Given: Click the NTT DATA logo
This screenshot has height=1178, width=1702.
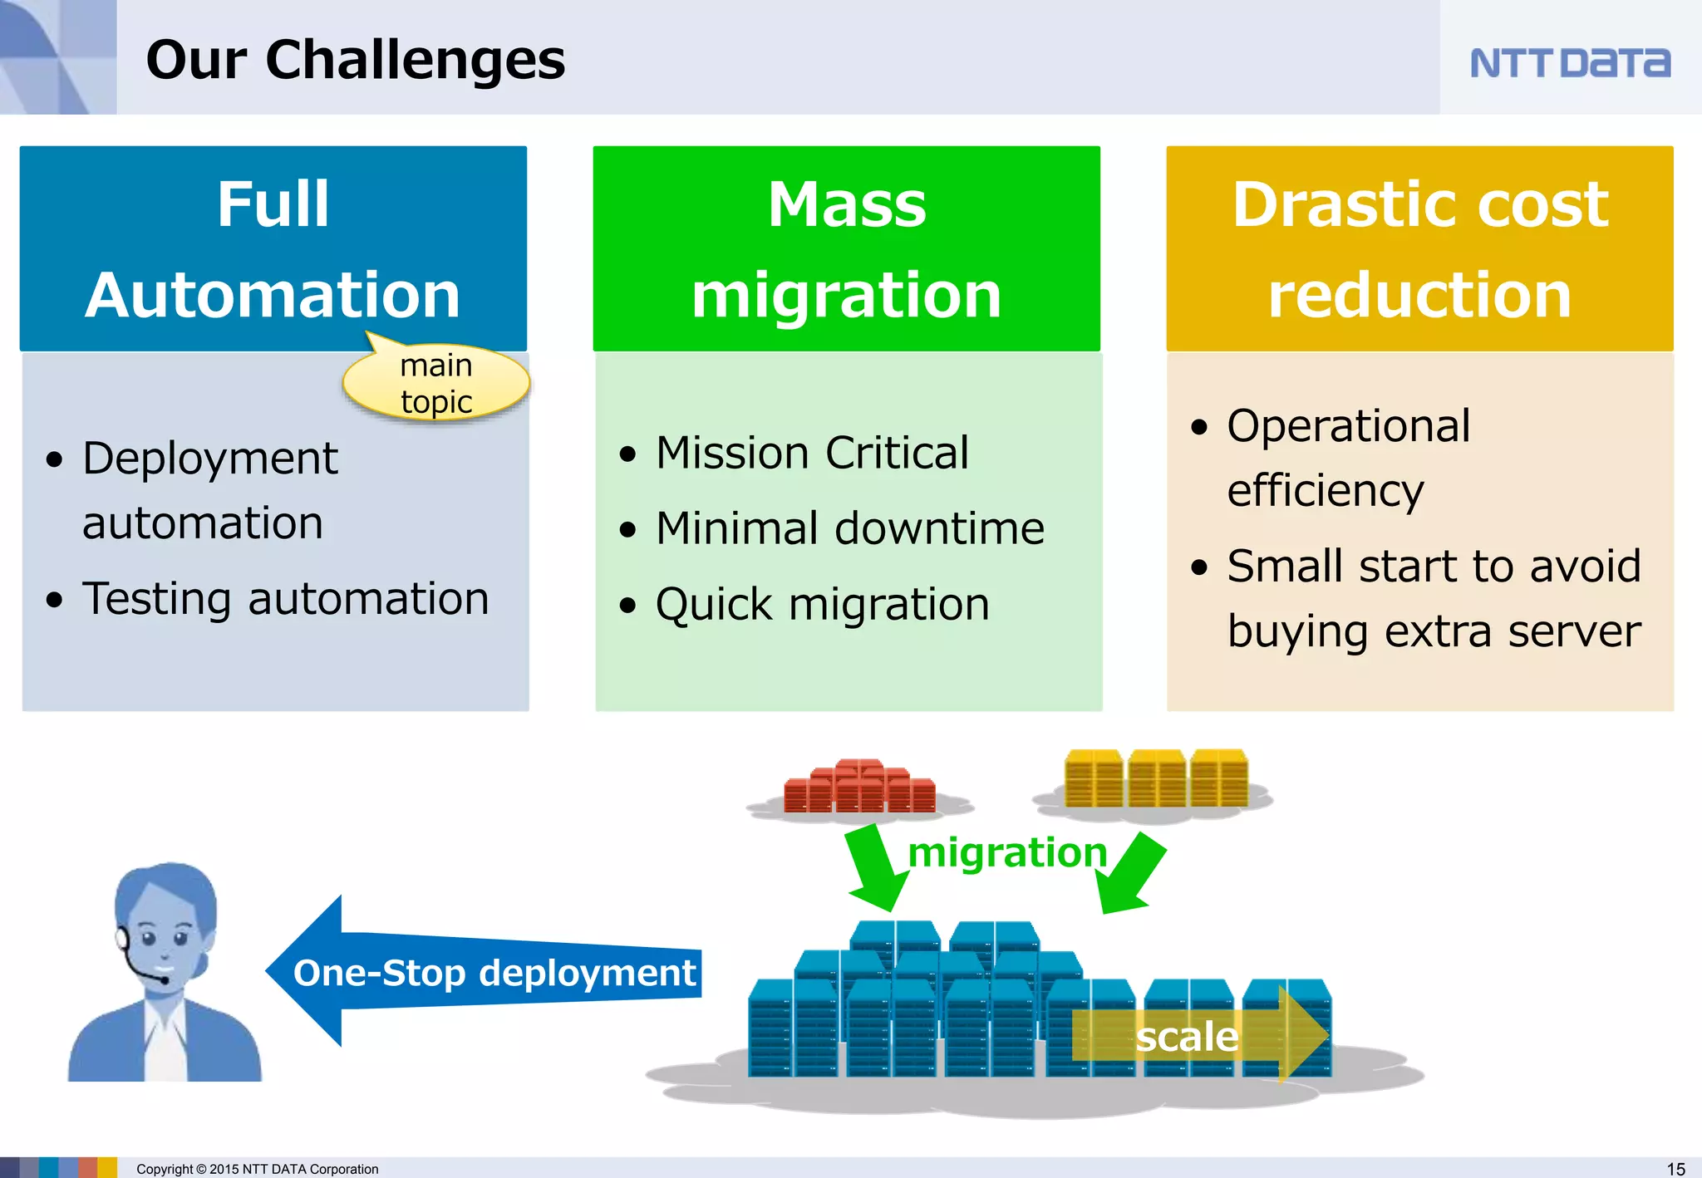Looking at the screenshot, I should click(1569, 63).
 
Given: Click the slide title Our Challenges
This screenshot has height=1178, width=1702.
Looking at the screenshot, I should click(355, 60).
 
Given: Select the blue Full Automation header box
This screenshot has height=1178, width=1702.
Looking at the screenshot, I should click(273, 248).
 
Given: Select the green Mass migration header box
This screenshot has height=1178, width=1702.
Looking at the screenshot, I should click(846, 248).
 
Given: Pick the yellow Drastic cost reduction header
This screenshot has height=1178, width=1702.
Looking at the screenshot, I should click(1419, 248).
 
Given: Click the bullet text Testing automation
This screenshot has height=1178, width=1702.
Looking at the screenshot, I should click(285, 599).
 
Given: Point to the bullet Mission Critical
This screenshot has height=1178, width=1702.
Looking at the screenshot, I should click(812, 454).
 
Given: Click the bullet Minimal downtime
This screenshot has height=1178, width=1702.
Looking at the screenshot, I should click(849, 528).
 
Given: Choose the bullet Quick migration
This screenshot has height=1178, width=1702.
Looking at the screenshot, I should click(822, 605).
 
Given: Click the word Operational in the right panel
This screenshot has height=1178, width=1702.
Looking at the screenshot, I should click(1348, 426).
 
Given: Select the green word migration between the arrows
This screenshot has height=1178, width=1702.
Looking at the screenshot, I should click(1007, 853).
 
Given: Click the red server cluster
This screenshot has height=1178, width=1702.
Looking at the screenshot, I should click(860, 786).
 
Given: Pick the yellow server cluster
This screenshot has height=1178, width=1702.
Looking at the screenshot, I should click(1155, 778).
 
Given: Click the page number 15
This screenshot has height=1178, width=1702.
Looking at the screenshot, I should click(1675, 1168).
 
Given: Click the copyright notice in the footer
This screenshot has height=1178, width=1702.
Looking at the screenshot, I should click(257, 1169).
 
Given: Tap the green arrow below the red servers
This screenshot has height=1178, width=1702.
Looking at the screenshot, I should click(874, 868).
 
